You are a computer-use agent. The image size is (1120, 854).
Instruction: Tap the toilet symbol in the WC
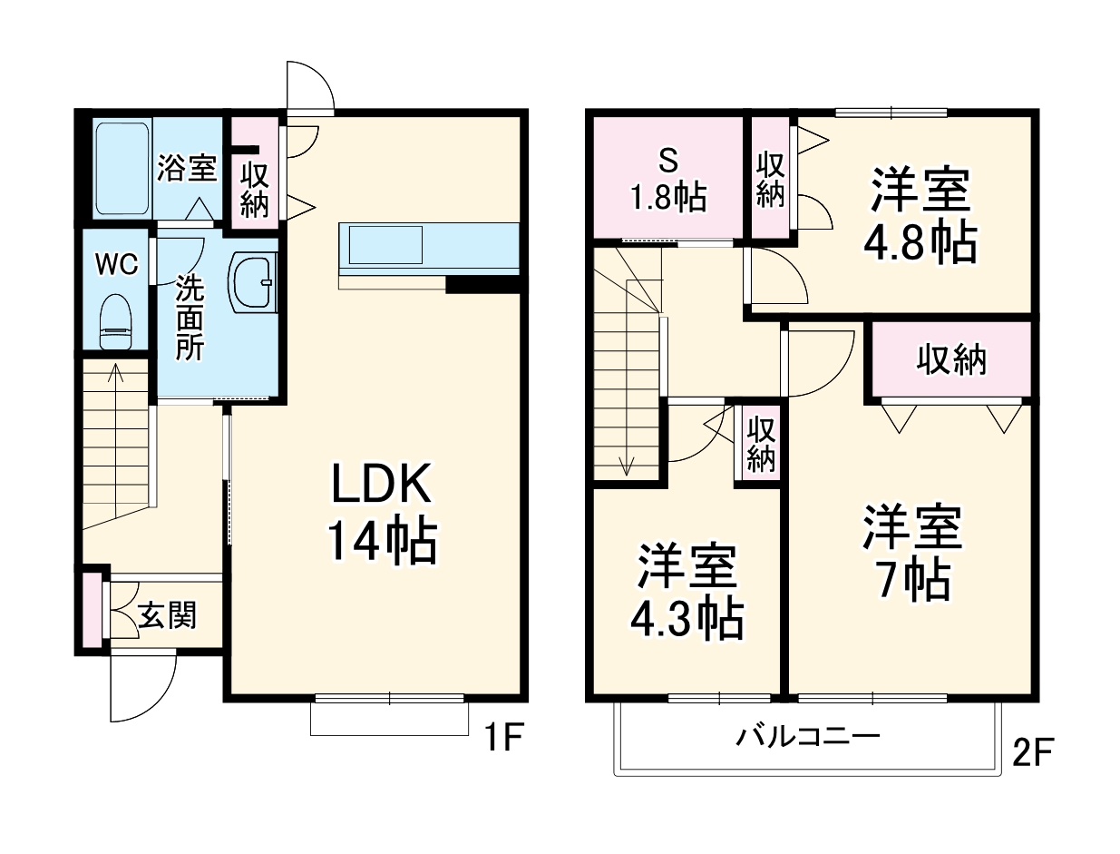(115, 321)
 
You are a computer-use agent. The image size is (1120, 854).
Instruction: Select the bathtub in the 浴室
(122, 167)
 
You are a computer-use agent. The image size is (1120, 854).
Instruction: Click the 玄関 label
(168, 617)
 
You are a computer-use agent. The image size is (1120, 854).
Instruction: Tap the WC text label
(117, 265)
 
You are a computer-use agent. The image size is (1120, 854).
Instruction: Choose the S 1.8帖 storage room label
(667, 180)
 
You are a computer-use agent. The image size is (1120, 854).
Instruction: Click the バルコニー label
(807, 736)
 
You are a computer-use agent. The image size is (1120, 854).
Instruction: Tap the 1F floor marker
(502, 740)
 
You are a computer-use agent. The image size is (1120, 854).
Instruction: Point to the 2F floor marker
(1033, 752)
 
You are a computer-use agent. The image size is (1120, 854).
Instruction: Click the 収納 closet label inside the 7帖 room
(951, 361)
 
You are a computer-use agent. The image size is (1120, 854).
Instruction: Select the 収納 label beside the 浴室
(255, 188)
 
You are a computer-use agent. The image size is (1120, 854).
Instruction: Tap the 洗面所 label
(190, 318)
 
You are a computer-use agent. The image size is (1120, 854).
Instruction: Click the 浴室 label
(187, 168)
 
